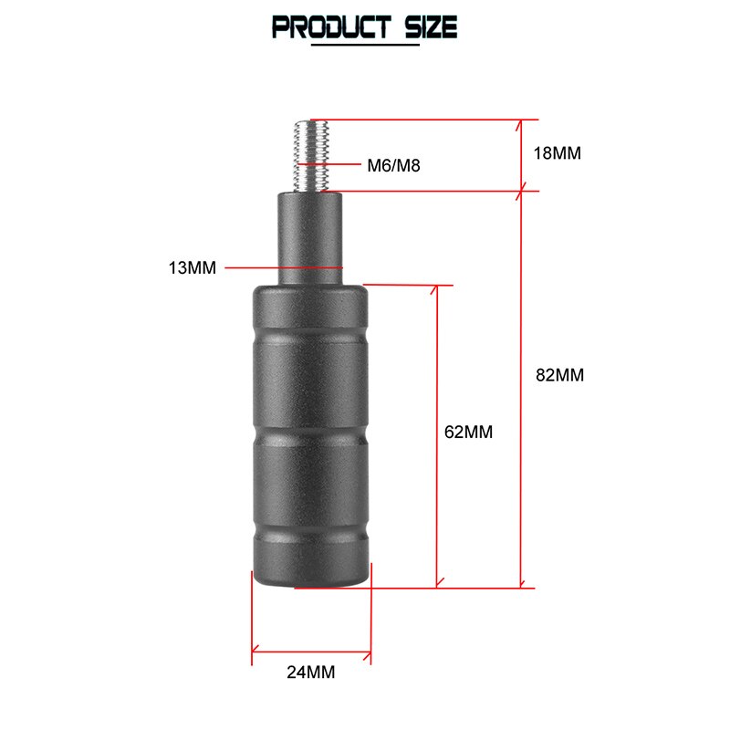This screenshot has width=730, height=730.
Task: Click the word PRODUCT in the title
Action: [x=331, y=27]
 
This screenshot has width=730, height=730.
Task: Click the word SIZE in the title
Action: [x=431, y=27]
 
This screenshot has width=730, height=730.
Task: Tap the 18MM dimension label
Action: [x=558, y=153]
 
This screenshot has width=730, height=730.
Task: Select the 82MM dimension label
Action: [x=559, y=375]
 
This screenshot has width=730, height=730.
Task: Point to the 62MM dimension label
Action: [x=468, y=432]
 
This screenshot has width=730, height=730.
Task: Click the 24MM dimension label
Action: [x=310, y=672]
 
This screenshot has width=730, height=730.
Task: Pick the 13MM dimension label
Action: [x=193, y=267]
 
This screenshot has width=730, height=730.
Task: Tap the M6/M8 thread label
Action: [x=393, y=165]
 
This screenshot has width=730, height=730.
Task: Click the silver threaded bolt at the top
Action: [x=311, y=156]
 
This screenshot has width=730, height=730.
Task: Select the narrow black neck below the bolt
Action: [x=310, y=238]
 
